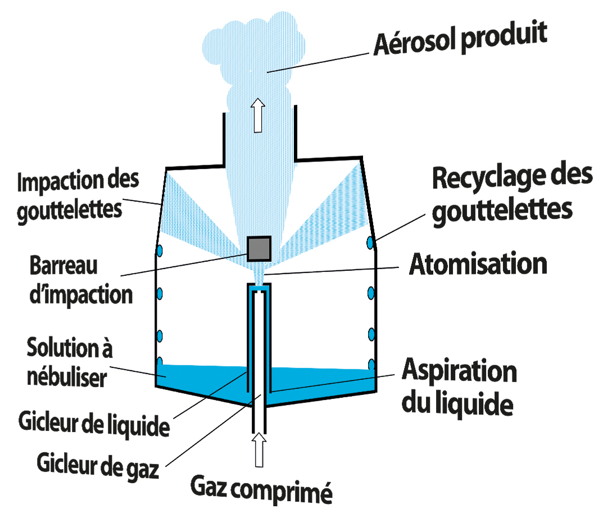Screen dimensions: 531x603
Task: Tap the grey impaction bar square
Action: click(260, 248)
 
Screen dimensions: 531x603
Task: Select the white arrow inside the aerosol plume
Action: click(258, 115)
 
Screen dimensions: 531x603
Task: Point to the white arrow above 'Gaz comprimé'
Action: click(259, 450)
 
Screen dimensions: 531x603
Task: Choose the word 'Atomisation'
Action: click(478, 264)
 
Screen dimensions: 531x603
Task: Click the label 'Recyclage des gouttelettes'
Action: click(511, 194)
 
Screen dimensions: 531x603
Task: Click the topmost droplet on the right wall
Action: click(370, 243)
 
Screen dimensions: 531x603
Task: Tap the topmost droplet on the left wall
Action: click(159, 249)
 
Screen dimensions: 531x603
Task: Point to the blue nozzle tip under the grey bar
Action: click(259, 290)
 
